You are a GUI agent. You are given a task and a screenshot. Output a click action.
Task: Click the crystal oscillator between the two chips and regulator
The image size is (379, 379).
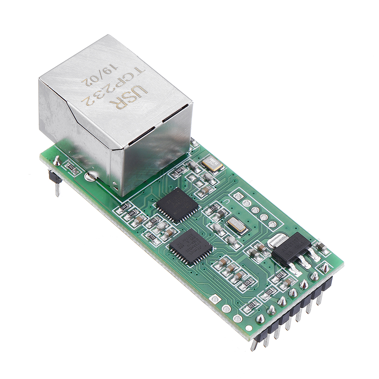(237, 226)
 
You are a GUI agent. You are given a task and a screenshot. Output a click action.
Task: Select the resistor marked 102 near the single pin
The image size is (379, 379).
(73, 168)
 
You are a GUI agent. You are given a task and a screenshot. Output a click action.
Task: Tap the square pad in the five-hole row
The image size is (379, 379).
(238, 196)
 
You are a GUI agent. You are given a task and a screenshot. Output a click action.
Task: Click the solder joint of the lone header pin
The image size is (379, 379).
(57, 161)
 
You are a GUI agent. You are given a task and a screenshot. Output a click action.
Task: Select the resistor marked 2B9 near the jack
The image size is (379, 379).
(179, 172)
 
